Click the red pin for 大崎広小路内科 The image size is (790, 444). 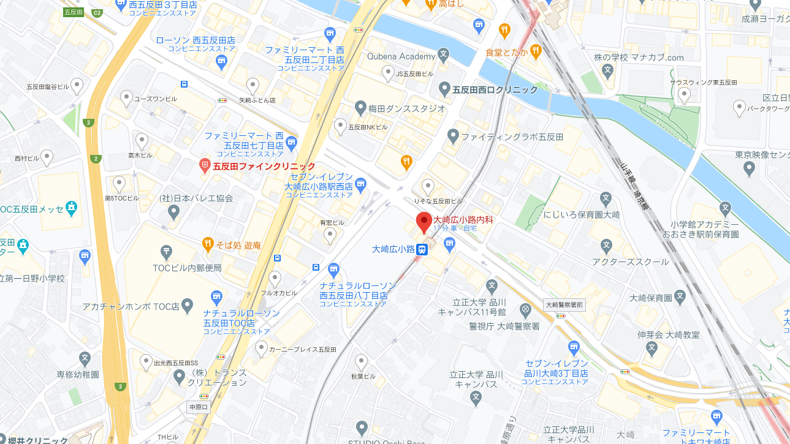click(x=423, y=222)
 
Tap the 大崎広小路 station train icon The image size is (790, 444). click(x=422, y=249)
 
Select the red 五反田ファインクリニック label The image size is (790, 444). click(x=264, y=167)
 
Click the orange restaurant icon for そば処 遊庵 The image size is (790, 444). click(x=208, y=244)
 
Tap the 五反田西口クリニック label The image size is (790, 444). click(x=495, y=90)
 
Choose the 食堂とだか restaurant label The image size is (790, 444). click(x=506, y=52)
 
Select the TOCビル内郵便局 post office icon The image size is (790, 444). click(x=165, y=251)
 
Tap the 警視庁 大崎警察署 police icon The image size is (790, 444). click(x=525, y=309)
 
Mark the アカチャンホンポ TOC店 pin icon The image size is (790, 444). click(x=188, y=304)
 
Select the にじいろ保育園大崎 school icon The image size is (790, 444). click(x=606, y=198)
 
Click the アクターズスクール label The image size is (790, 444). click(x=631, y=262)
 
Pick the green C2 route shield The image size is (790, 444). click(x=97, y=13)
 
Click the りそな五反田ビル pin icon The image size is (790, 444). click(x=428, y=185)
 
